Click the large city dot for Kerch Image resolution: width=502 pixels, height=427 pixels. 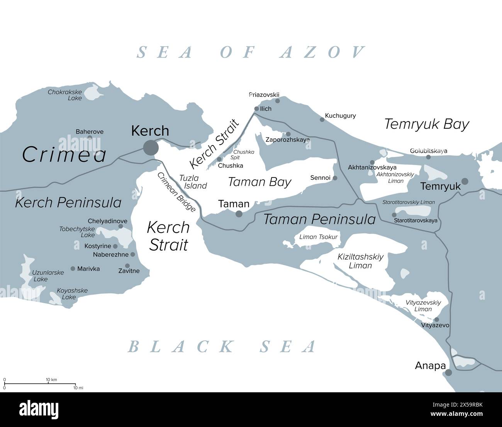[x=151, y=147]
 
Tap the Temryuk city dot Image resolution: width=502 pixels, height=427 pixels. [x=465, y=181]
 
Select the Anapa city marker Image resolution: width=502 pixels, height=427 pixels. [x=448, y=373]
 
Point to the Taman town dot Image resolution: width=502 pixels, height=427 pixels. [x=239, y=214]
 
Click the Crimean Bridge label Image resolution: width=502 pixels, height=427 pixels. [x=176, y=192]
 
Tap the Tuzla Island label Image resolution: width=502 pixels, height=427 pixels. [x=193, y=182]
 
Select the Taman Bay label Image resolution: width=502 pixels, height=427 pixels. [x=259, y=182]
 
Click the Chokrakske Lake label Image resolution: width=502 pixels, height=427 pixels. [x=65, y=95]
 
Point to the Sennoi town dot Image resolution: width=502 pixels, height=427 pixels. [x=335, y=178]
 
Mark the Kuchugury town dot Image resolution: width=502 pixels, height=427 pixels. [x=322, y=120]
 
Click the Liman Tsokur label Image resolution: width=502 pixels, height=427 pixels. [x=318, y=237]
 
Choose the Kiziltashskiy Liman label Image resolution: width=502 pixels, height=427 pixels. [x=360, y=261]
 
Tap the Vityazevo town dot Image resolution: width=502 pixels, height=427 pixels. [x=436, y=319]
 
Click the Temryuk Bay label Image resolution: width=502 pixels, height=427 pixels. [x=427, y=124]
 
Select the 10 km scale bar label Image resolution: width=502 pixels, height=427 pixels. [x=51, y=380]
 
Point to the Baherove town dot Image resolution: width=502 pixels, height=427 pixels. [x=90, y=137]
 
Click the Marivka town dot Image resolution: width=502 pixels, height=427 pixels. [x=73, y=268]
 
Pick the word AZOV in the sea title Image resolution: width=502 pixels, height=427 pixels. [x=322, y=52]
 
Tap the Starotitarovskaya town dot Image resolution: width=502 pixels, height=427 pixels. [x=394, y=215]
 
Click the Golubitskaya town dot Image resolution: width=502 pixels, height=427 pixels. [x=428, y=157]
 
